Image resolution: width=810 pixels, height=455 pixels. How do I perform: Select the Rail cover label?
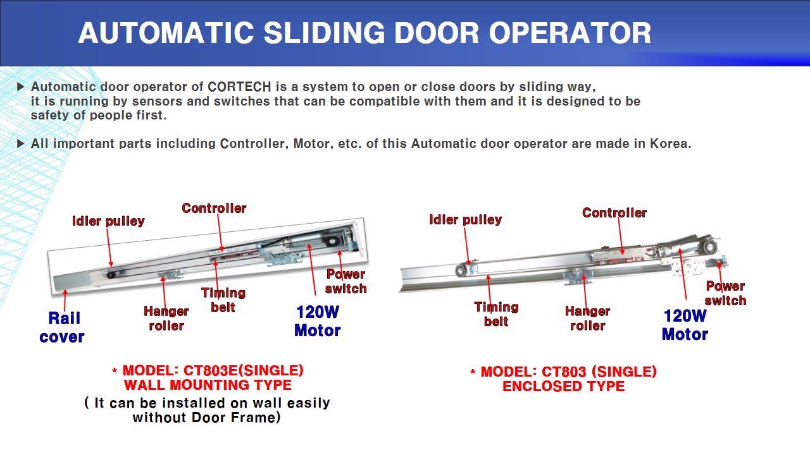point(62,327)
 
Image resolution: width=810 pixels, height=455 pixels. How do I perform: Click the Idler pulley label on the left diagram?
point(108,221)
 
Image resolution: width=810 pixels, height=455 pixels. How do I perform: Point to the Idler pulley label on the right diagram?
point(465,220)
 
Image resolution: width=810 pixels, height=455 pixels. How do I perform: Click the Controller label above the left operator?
point(214,208)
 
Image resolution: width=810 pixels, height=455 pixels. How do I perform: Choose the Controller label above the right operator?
point(614,213)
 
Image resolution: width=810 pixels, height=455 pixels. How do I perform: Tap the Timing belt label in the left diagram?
point(223,300)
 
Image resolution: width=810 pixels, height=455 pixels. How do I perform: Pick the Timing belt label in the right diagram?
point(496,314)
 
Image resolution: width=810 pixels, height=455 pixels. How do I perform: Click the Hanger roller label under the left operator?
point(166,318)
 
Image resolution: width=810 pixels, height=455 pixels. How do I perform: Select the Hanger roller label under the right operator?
point(587,318)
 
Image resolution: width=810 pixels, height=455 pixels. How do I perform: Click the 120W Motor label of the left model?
point(317,321)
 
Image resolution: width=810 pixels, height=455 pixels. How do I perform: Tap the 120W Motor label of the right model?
point(685,325)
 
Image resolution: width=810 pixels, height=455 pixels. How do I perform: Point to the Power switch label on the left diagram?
point(346,281)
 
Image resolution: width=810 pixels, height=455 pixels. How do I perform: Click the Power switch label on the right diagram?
point(725,293)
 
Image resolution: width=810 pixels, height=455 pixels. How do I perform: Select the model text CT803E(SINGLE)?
point(244,370)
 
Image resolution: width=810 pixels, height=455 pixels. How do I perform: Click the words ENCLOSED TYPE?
point(563,386)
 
